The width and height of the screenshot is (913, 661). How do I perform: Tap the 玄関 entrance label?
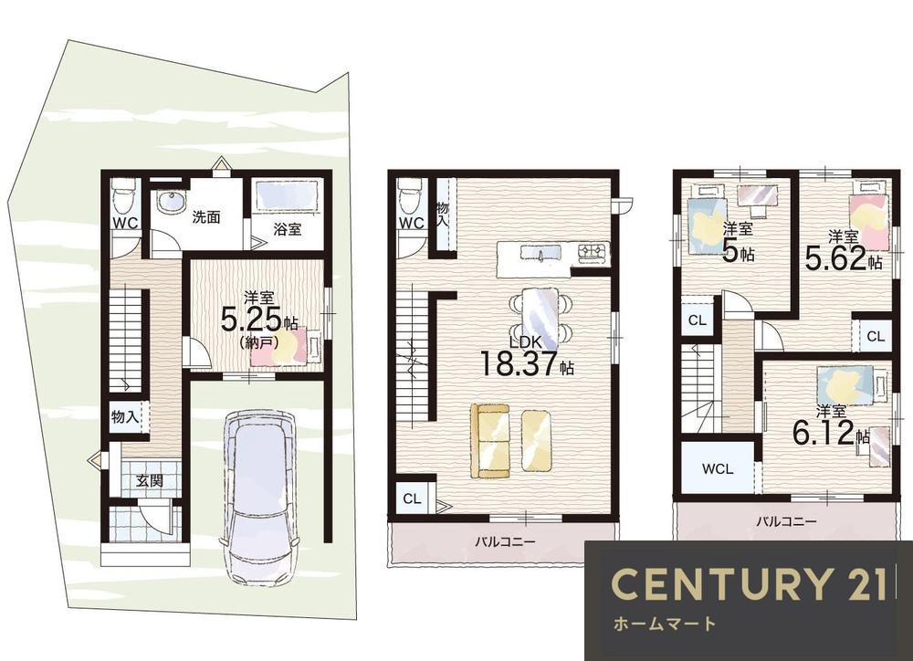[150, 481]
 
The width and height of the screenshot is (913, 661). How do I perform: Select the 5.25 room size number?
[251, 320]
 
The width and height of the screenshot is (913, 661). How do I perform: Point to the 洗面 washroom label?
[206, 217]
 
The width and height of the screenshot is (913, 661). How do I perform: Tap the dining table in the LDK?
[540, 317]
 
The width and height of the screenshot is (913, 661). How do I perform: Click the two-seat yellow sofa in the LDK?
[489, 441]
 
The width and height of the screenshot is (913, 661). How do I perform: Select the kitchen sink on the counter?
[540, 254]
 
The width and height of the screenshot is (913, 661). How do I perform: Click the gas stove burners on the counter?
[593, 252]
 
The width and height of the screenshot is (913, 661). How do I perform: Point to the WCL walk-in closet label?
[718, 468]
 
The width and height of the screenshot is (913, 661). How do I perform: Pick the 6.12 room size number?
[824, 434]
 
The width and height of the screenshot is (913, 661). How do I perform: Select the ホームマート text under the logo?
[665, 624]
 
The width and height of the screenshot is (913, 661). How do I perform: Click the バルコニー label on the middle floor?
[505, 542]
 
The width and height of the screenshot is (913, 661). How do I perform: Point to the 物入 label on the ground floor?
[125, 417]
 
